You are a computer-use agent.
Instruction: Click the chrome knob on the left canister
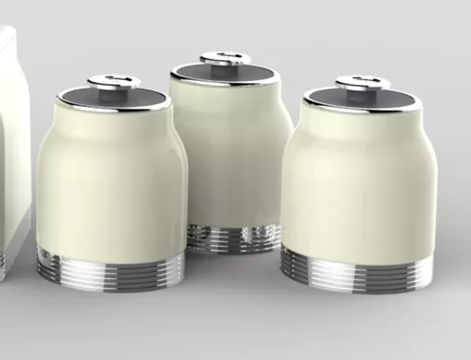[114, 82]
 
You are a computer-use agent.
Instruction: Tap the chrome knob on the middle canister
[225, 59]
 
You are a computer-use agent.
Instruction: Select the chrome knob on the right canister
[362, 84]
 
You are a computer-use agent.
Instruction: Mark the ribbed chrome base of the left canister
[110, 265]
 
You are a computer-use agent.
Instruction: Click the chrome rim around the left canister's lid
[113, 108]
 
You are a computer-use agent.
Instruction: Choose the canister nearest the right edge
[357, 184]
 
